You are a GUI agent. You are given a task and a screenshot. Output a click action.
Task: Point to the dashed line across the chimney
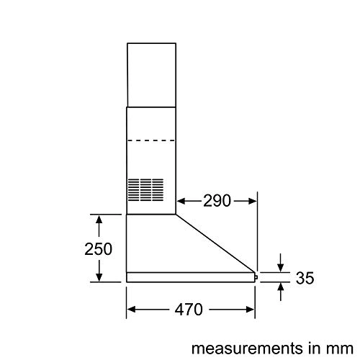click(151, 140)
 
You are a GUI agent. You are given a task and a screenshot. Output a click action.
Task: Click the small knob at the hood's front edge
click(256, 275)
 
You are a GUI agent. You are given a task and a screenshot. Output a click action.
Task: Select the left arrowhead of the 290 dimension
click(181, 201)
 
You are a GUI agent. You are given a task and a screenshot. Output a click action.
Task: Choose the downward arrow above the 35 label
click(282, 267)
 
